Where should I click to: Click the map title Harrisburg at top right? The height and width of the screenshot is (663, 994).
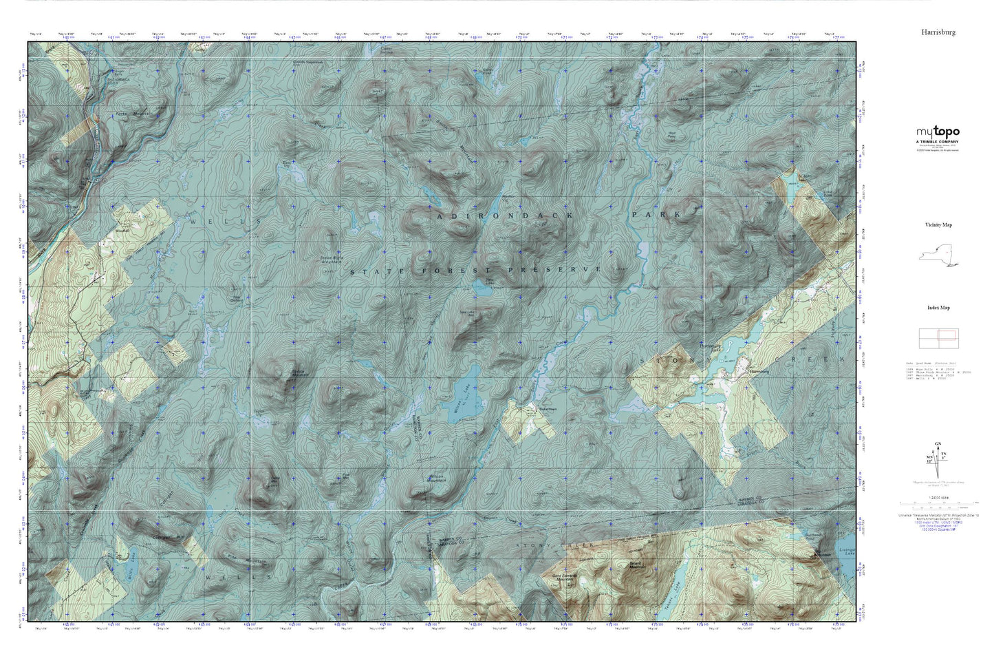(x=938, y=32)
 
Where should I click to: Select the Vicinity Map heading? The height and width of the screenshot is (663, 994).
(x=938, y=224)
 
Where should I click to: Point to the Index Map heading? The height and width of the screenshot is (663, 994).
(x=938, y=308)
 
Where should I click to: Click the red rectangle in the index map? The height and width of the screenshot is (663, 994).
(x=947, y=335)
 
